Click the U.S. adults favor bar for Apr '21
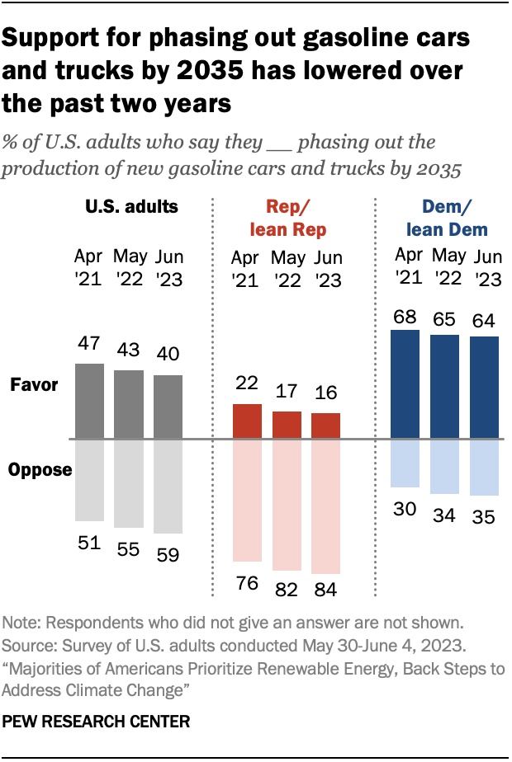(89, 401)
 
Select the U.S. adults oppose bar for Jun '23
(168, 487)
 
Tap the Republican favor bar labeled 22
(248, 421)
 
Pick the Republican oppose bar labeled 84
(325, 506)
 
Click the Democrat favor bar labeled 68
(405, 384)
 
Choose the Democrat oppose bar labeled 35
(484, 468)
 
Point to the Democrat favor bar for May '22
(445, 387)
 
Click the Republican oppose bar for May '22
(287, 505)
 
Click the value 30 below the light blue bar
(405, 510)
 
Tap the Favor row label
(34, 385)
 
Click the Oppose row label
(40, 469)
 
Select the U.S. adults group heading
(132, 206)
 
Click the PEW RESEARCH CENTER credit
(97, 721)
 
